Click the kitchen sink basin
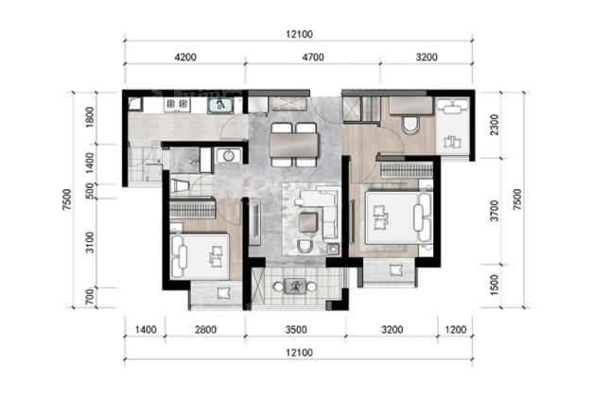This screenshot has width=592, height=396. [219, 106]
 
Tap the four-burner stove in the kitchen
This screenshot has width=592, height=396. [177, 104]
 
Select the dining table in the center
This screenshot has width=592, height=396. [294, 146]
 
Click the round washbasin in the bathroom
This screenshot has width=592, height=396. [229, 155]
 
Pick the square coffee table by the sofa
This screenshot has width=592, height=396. [308, 222]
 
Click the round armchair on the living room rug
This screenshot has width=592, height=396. [305, 247]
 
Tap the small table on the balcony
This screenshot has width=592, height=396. [295, 286]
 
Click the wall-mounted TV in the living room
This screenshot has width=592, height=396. [254, 222]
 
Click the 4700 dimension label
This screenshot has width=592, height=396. [313, 57]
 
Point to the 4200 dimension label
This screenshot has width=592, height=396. [185, 57]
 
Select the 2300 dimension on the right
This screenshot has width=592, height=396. [494, 125]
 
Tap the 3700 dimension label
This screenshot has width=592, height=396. [494, 211]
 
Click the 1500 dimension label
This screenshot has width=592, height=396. [494, 285]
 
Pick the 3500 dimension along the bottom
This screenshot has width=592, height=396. [296, 330]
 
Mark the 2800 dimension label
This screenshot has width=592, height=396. [206, 330]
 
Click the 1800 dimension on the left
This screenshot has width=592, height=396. [90, 117]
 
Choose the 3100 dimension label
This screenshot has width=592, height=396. [90, 242]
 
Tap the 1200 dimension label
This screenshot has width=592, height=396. [456, 330]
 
